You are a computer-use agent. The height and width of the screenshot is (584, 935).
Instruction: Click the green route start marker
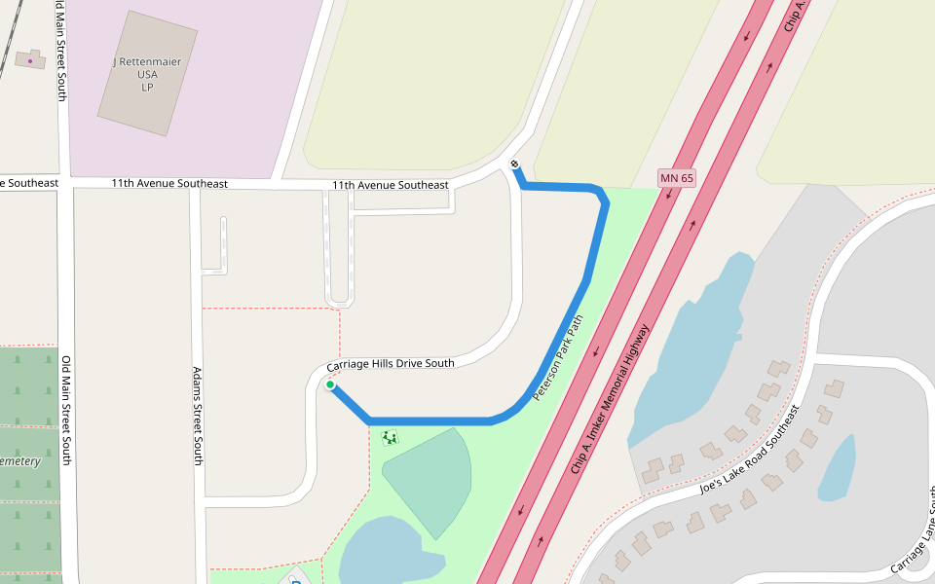pyautogui.click(x=330, y=385)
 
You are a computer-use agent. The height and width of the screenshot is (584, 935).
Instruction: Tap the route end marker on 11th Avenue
pyautogui.click(x=514, y=164)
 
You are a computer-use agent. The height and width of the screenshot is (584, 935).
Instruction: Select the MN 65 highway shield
pyautogui.click(x=677, y=178)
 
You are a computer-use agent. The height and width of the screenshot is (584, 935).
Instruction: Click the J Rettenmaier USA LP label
pyautogui.click(x=147, y=74)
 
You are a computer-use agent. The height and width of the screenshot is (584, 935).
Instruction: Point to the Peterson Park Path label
pyautogui.click(x=558, y=358)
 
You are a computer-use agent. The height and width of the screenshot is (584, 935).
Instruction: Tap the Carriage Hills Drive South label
pyautogui.click(x=390, y=364)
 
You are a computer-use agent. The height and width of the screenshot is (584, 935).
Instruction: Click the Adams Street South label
pyautogui.click(x=197, y=416)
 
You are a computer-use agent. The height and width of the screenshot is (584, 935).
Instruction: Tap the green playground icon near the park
pyautogui.click(x=390, y=437)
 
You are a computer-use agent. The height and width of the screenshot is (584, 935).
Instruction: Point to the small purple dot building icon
pyautogui.click(x=30, y=60)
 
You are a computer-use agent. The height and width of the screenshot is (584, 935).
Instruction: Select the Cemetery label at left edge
pyautogui.click(x=19, y=460)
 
